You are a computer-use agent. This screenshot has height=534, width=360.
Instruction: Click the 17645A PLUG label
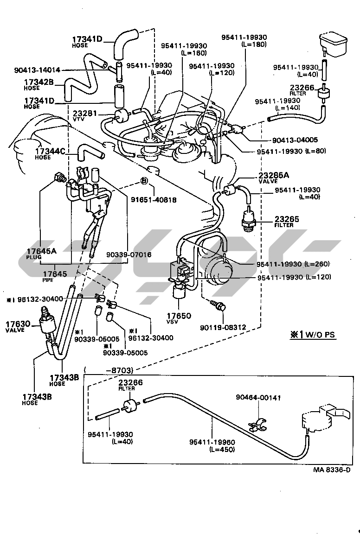41,254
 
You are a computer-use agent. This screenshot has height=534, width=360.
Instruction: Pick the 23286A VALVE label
274,177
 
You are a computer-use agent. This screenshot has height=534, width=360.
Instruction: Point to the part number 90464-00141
258,397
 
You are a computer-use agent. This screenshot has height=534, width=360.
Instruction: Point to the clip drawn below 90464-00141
256,425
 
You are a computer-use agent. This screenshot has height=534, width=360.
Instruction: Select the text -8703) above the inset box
120,370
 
